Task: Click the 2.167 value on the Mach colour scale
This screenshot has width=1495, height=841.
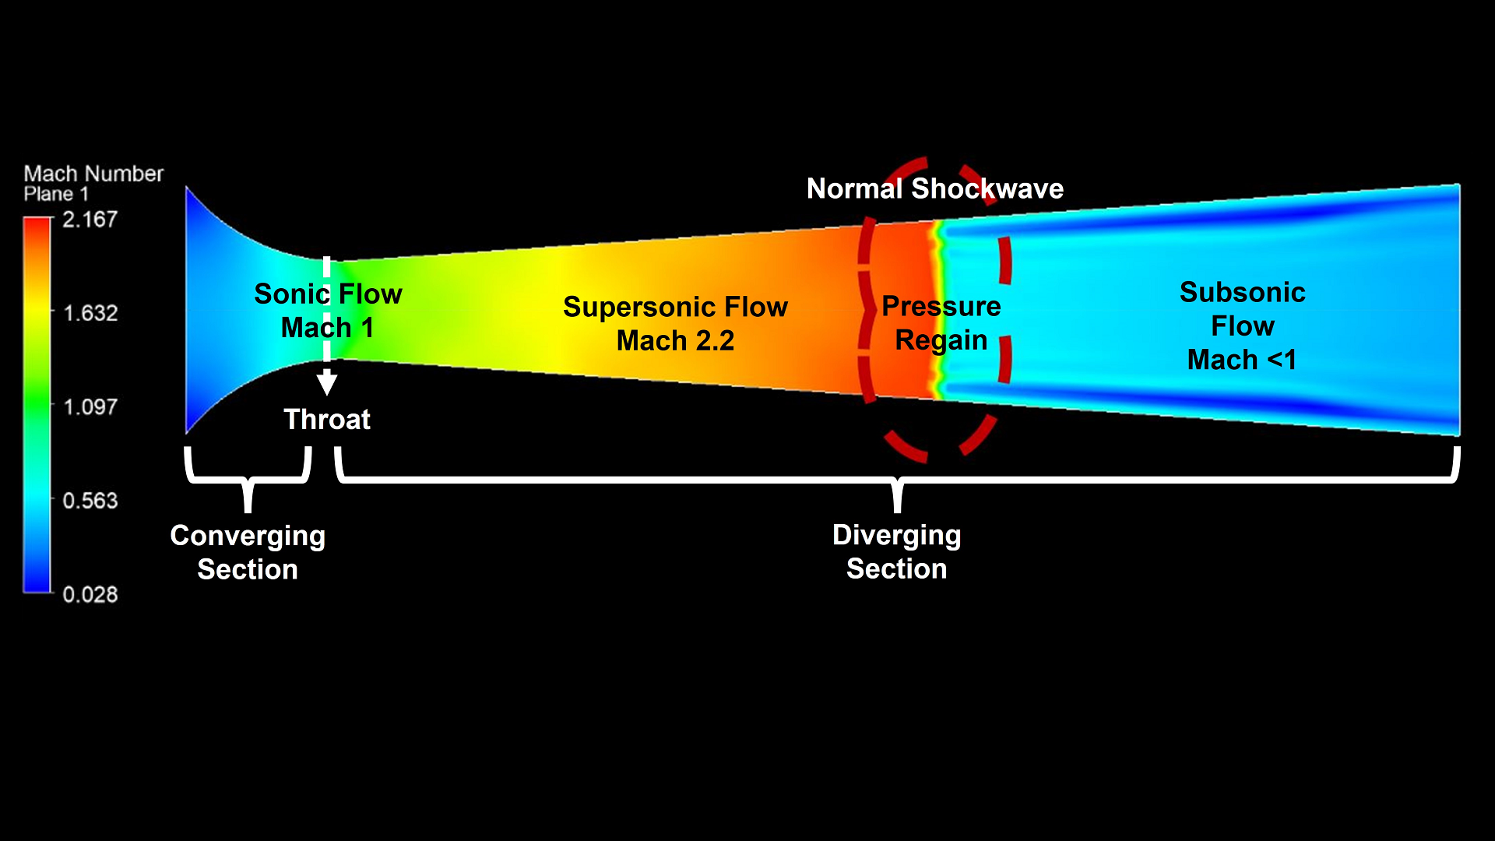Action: pos(90,220)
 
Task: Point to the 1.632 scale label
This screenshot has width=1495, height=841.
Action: pos(90,313)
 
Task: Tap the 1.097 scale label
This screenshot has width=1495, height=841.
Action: pos(90,406)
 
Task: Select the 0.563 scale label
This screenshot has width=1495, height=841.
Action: pos(90,500)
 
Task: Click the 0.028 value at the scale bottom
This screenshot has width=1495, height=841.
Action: pos(90,594)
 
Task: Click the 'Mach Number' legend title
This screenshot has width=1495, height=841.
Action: pos(93,173)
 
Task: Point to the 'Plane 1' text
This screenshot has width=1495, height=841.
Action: pos(56,194)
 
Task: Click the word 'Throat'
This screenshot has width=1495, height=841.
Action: pos(327,420)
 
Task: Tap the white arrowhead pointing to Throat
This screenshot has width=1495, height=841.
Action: pos(327,383)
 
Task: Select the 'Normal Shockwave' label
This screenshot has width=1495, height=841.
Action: pos(934,188)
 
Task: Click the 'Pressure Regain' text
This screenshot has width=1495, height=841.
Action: pos(941,323)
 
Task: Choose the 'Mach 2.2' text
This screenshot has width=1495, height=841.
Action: pos(675,341)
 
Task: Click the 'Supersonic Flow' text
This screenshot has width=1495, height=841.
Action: pos(675,307)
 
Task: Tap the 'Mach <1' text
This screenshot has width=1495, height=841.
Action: pos(1242,360)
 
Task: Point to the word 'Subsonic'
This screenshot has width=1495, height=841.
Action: pos(1242,292)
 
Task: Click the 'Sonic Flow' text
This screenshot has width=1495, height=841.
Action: pos(328,294)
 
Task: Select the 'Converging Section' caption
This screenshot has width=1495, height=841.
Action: pos(248,552)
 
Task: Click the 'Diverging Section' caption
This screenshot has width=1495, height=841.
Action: pos(896,551)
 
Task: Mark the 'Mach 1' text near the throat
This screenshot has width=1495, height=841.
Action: pos(327,328)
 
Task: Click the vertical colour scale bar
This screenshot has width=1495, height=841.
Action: pos(37,405)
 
